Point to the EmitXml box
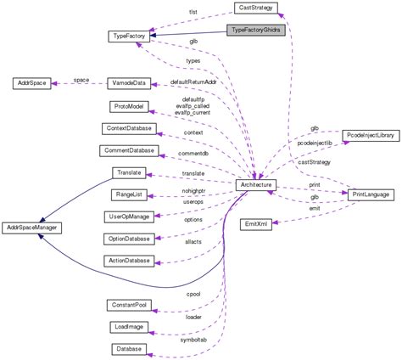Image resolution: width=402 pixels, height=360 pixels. tap(259, 224)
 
